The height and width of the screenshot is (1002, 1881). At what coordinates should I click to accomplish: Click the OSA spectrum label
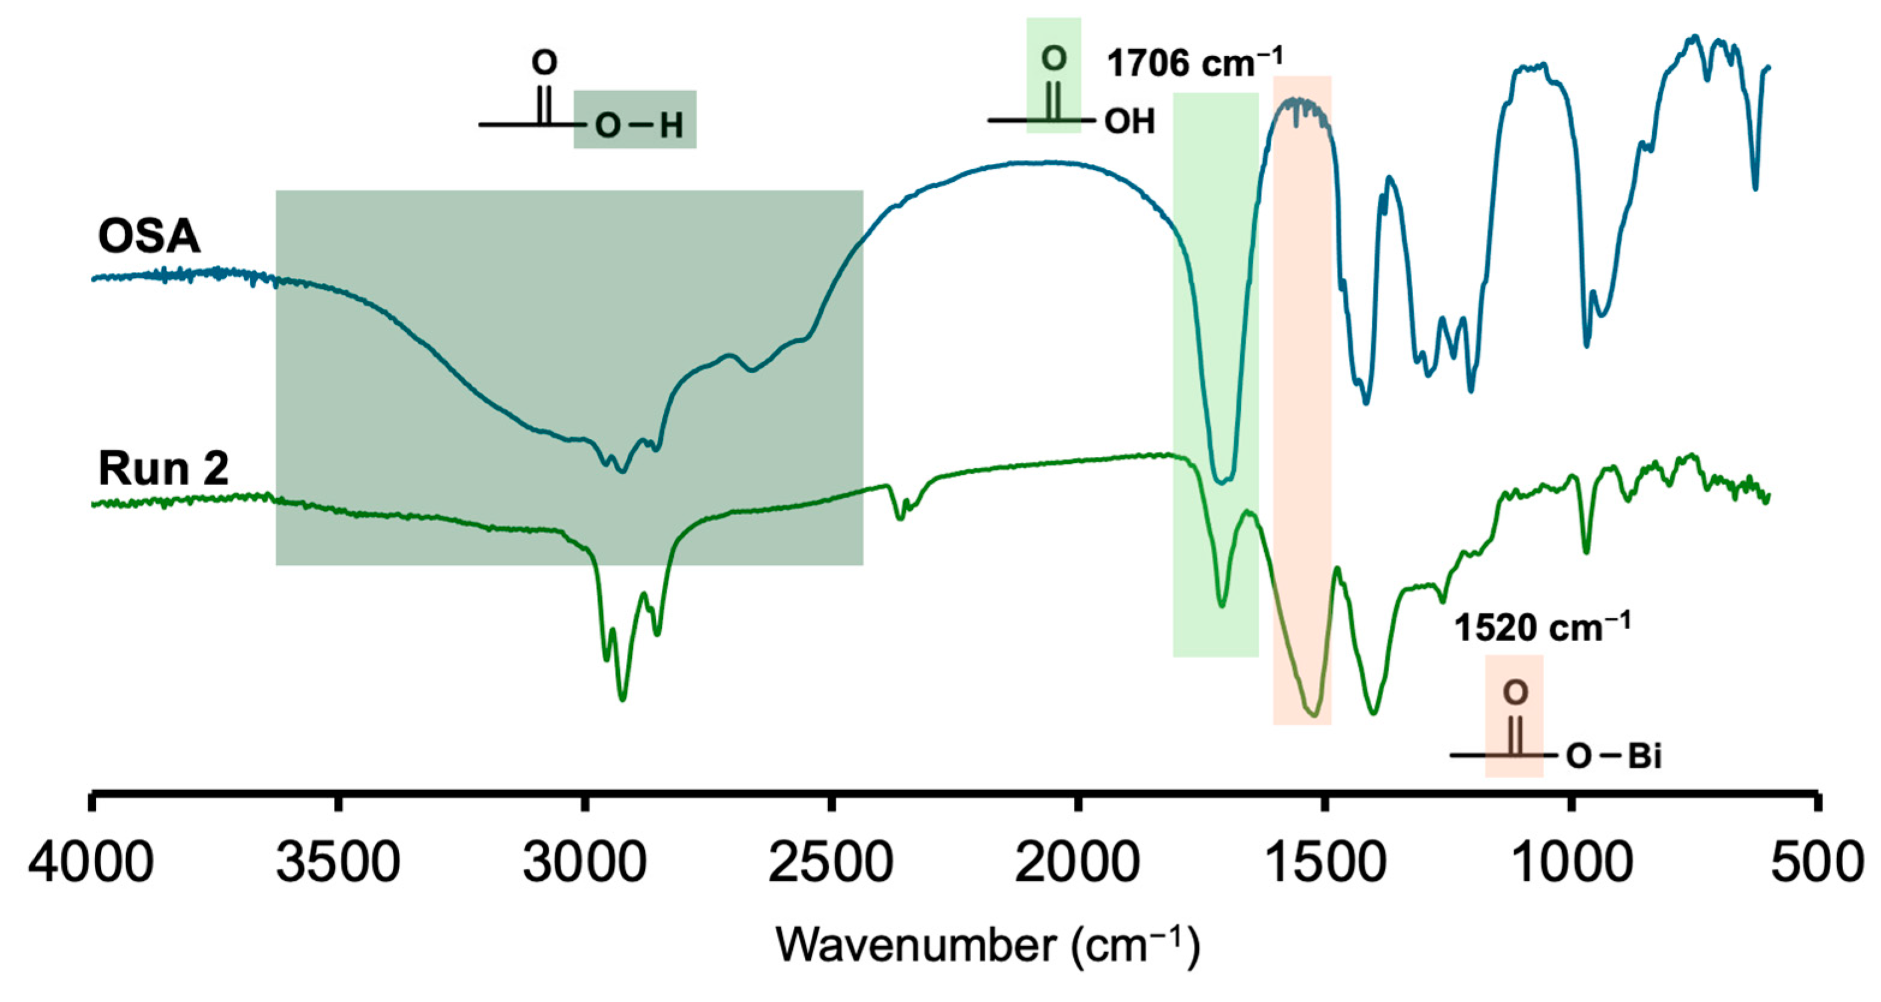(x=149, y=237)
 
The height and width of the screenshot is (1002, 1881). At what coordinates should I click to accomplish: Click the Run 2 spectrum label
(x=163, y=468)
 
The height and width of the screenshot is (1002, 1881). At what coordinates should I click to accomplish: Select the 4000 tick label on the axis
(x=91, y=863)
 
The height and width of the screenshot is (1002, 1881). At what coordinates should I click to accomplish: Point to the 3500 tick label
(x=338, y=863)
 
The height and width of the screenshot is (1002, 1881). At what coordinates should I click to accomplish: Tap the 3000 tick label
(x=584, y=863)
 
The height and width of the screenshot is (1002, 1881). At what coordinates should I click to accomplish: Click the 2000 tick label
(x=1077, y=863)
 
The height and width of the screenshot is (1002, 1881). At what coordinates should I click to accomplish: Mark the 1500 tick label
(x=1323, y=863)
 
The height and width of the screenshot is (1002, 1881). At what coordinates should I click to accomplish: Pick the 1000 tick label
(x=1571, y=863)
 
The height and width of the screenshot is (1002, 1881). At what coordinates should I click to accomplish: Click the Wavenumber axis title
(x=987, y=946)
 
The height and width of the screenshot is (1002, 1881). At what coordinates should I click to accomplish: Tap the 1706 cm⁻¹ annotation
(x=1195, y=63)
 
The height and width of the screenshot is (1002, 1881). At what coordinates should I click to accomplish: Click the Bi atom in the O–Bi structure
(x=1645, y=757)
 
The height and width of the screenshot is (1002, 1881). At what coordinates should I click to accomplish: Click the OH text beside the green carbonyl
(x=1130, y=121)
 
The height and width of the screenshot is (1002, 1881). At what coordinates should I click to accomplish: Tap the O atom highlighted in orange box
(x=1515, y=692)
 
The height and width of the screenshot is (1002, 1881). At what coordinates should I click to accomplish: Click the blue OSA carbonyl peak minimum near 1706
(x=1222, y=481)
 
